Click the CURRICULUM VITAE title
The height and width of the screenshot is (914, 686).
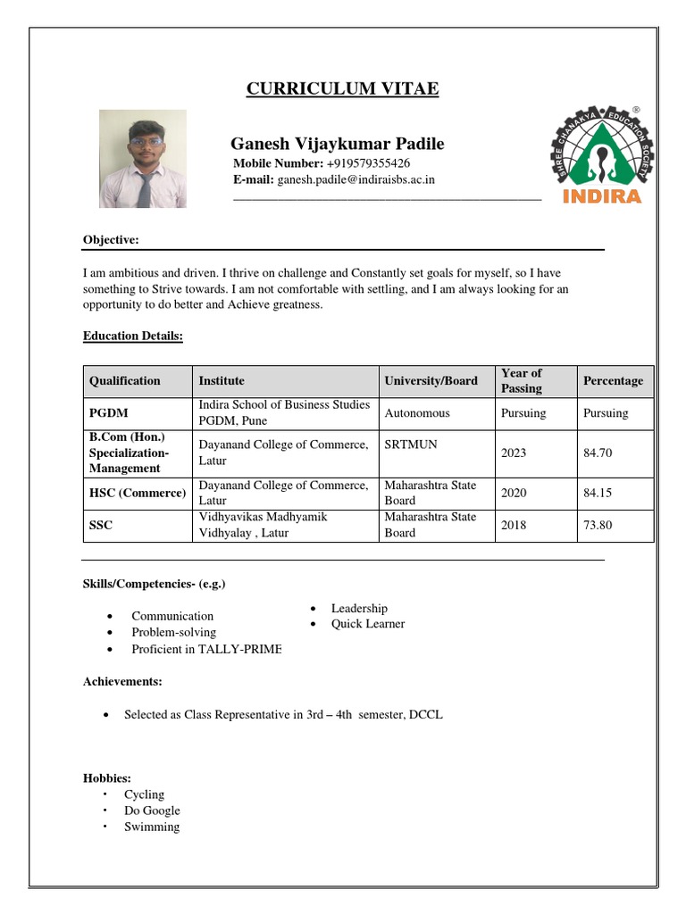tap(342, 88)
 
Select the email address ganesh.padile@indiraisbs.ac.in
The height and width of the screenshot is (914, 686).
tap(356, 179)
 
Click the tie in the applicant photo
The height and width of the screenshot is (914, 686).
tap(144, 188)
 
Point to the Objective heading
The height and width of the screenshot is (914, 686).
tap(111, 240)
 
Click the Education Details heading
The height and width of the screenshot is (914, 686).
tap(133, 336)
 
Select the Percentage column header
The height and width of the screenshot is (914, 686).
tap(613, 381)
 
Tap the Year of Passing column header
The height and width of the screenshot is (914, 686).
tap(522, 381)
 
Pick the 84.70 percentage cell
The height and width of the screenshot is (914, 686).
tap(598, 453)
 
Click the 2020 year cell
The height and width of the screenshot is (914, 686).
tap(514, 493)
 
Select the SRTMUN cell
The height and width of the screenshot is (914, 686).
tap(411, 444)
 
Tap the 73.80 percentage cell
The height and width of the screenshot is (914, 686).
tap(598, 525)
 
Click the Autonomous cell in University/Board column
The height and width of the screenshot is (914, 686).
tap(417, 413)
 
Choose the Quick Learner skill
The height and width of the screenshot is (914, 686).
tap(368, 624)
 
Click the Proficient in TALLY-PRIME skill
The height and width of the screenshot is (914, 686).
tap(206, 649)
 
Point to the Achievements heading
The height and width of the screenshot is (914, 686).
tap(122, 681)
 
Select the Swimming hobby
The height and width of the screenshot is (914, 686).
tap(152, 827)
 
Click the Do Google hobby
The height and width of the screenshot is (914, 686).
tap(152, 810)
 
